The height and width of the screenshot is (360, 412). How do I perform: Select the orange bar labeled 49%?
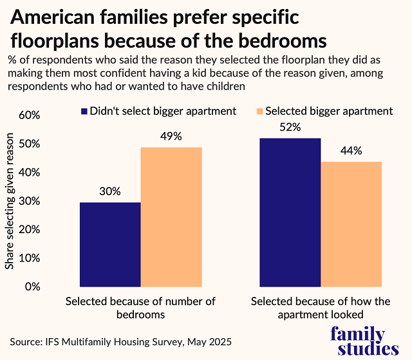tap(171, 217)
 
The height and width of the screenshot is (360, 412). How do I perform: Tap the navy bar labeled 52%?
tap(290, 212)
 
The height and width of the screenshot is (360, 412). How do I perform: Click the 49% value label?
tap(171, 136)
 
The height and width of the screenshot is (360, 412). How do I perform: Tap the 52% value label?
tap(290, 127)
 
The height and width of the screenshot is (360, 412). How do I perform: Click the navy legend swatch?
tap(84, 111)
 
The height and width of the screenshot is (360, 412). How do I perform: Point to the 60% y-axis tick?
tap(30, 115)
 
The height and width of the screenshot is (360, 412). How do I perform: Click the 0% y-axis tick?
tap(33, 287)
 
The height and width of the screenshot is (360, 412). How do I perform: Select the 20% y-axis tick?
tap(30, 229)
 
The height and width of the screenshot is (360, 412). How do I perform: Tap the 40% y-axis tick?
tap(30, 173)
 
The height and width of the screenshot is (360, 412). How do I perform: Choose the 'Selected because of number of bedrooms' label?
tap(140, 308)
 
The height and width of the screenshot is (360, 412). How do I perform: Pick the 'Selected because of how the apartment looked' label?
tap(321, 308)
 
